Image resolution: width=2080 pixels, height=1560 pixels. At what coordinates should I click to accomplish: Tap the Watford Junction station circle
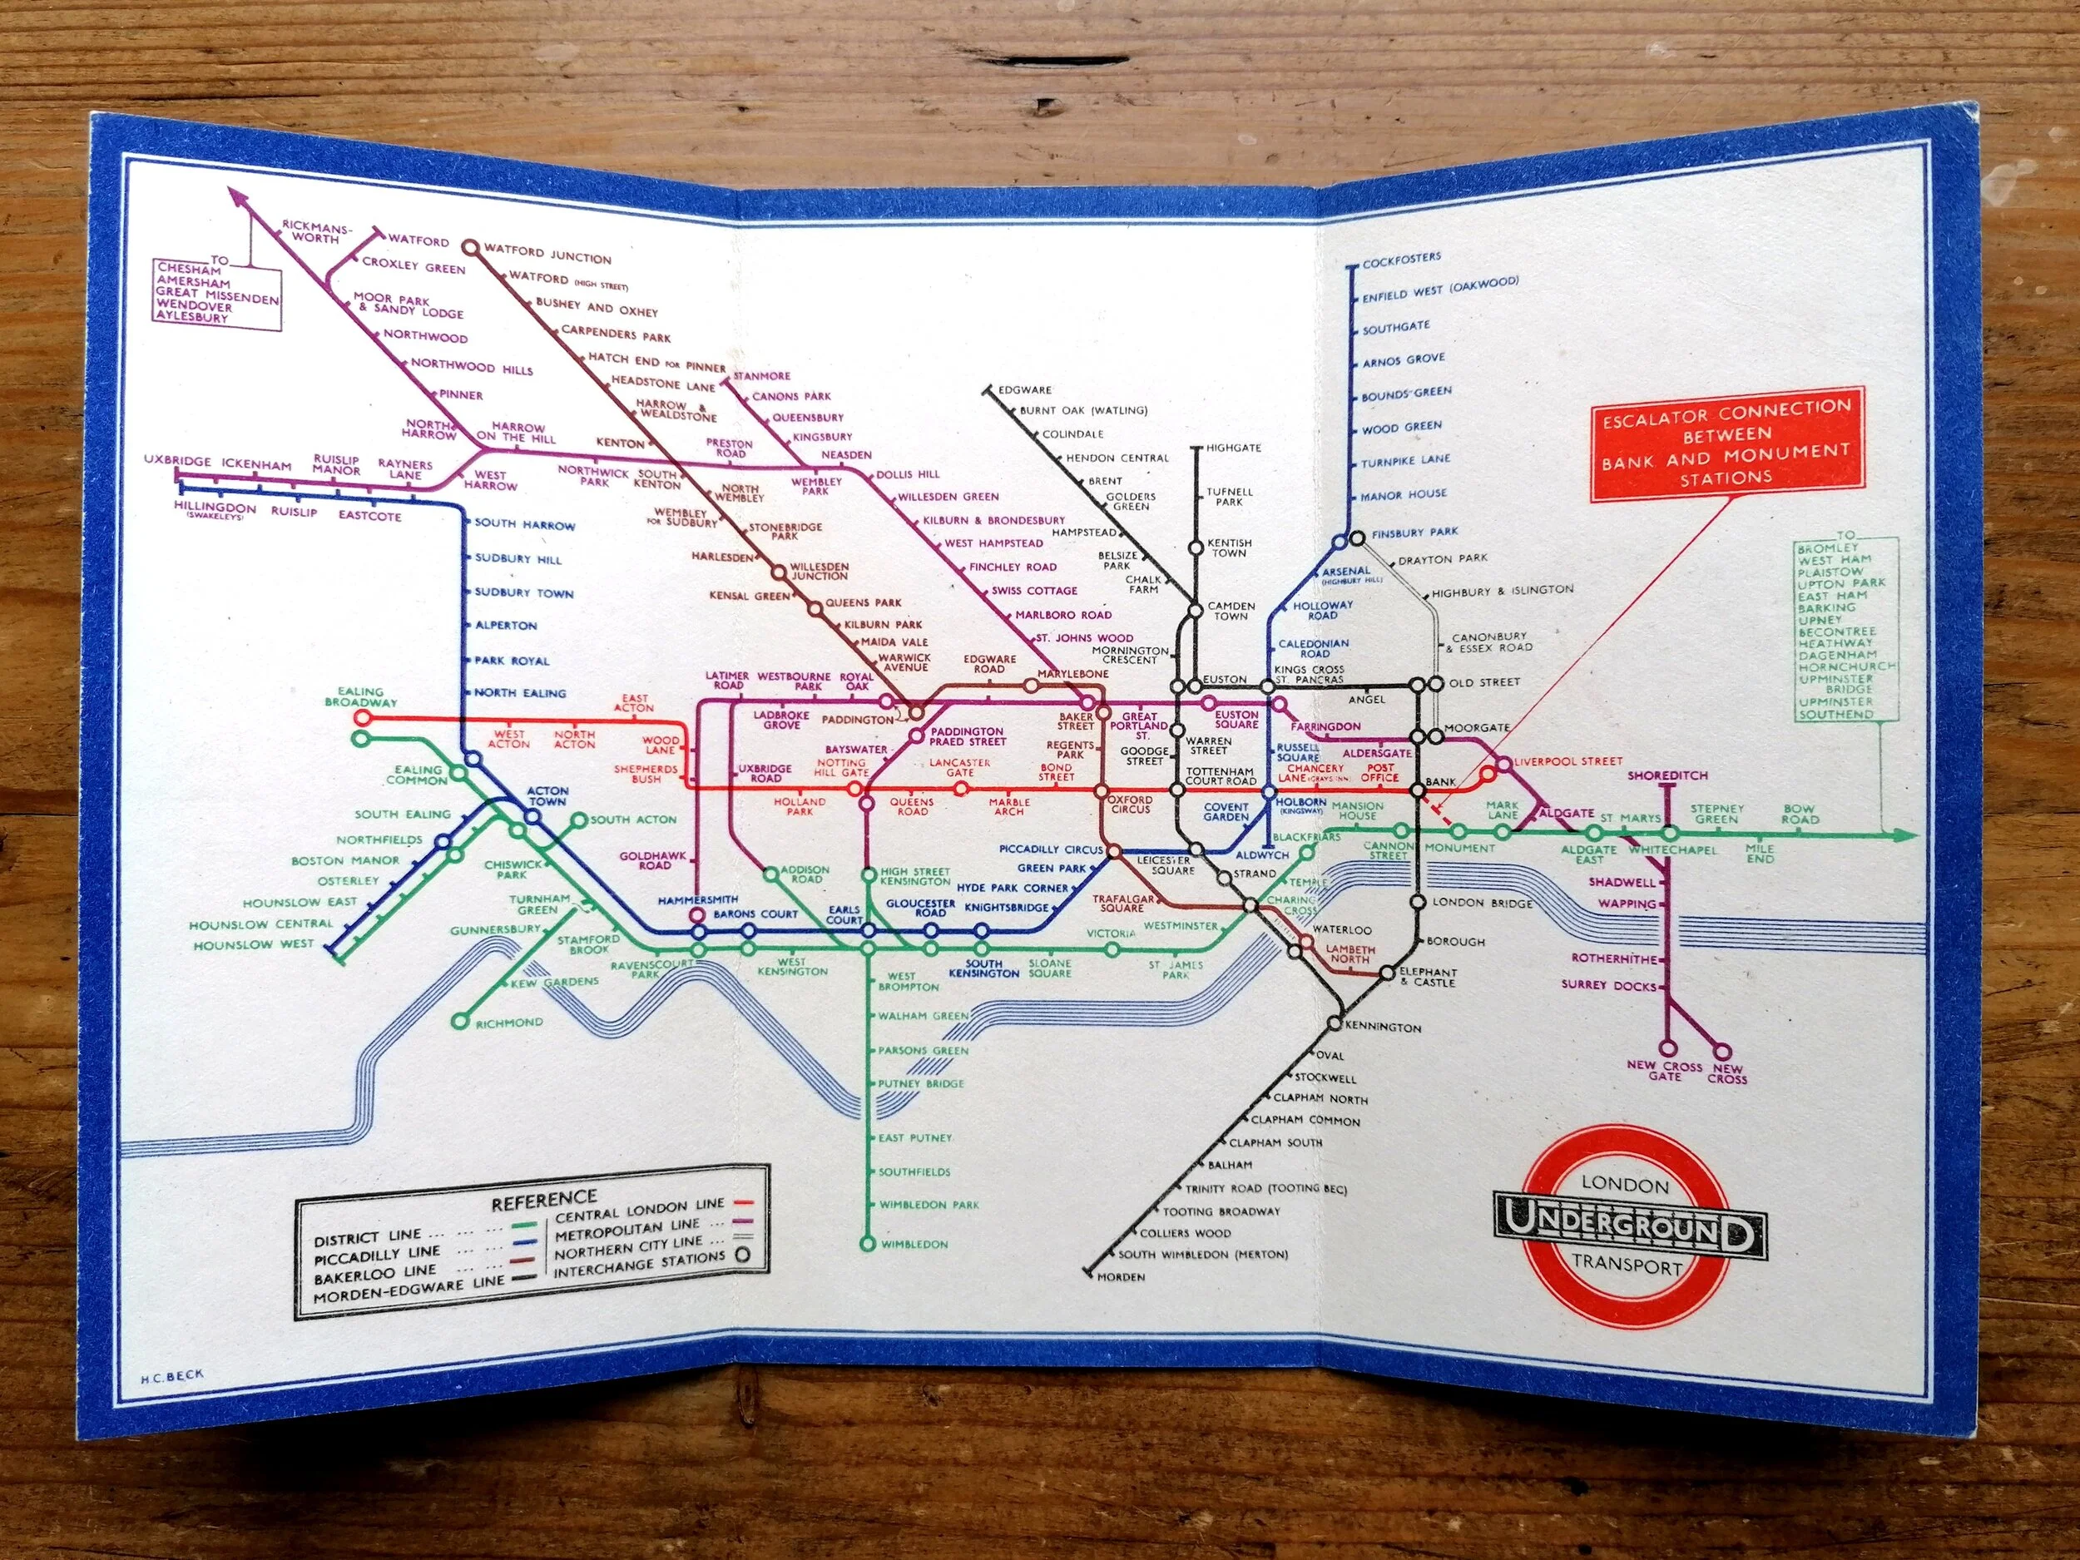click(471, 247)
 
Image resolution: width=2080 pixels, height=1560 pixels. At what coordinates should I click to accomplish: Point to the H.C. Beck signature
click(171, 1374)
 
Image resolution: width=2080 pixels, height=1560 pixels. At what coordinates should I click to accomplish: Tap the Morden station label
click(1121, 1277)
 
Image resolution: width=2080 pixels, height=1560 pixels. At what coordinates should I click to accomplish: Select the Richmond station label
click(508, 1023)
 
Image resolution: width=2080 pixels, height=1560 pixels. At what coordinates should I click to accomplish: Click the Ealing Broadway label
click(361, 696)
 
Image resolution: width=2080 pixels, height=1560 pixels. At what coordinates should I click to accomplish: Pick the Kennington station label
click(1382, 1027)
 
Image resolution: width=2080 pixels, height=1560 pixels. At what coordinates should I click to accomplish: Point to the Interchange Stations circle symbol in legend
click(744, 1255)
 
